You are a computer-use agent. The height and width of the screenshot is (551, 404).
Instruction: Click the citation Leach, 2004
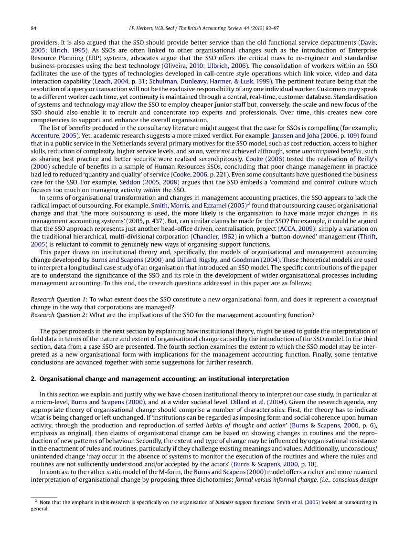111,82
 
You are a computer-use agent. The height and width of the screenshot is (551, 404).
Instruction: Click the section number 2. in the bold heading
33,379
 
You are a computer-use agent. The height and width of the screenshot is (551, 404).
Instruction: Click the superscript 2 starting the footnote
36,501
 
